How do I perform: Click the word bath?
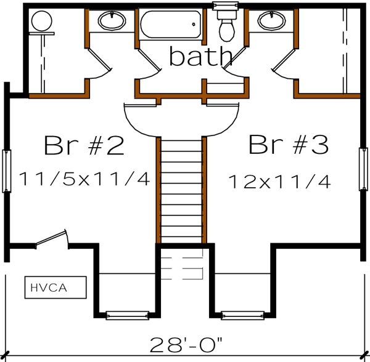(x=200, y=57)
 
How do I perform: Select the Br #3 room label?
(x=288, y=146)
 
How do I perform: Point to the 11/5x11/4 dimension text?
(x=84, y=179)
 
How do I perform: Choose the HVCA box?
(x=47, y=286)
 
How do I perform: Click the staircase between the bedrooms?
(x=181, y=190)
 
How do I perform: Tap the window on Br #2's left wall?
(x=7, y=170)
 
